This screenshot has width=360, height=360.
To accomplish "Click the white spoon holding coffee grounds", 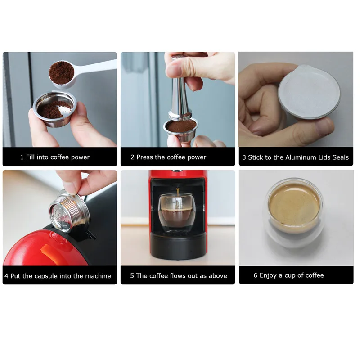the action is click(x=69, y=72).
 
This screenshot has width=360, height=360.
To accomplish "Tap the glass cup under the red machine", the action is click(x=177, y=213).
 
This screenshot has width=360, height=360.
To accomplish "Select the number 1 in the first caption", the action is click(x=22, y=157).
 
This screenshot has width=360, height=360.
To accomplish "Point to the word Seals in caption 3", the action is click(x=341, y=157).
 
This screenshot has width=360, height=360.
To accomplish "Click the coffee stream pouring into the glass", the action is click(x=177, y=193).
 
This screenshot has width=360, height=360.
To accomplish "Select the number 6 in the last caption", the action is click(x=256, y=275).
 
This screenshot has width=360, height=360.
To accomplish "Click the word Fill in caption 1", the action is click(x=30, y=157).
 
